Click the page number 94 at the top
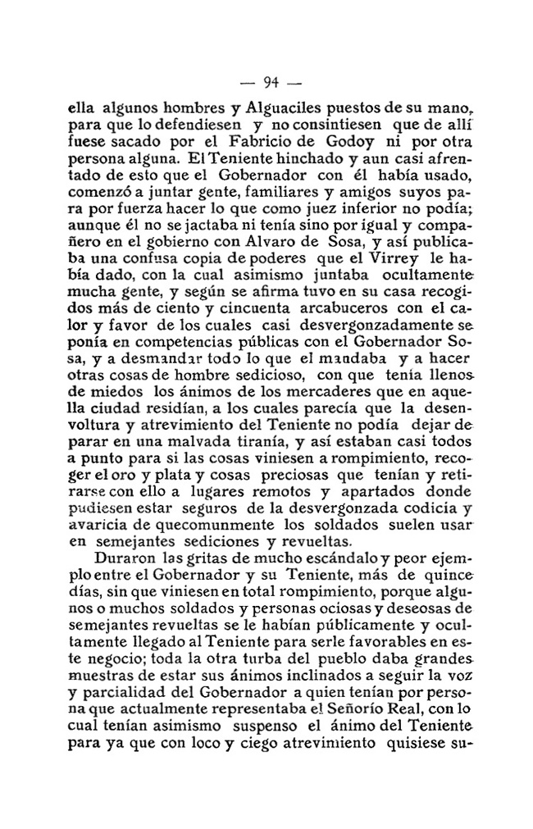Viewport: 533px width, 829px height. [x=272, y=81]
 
